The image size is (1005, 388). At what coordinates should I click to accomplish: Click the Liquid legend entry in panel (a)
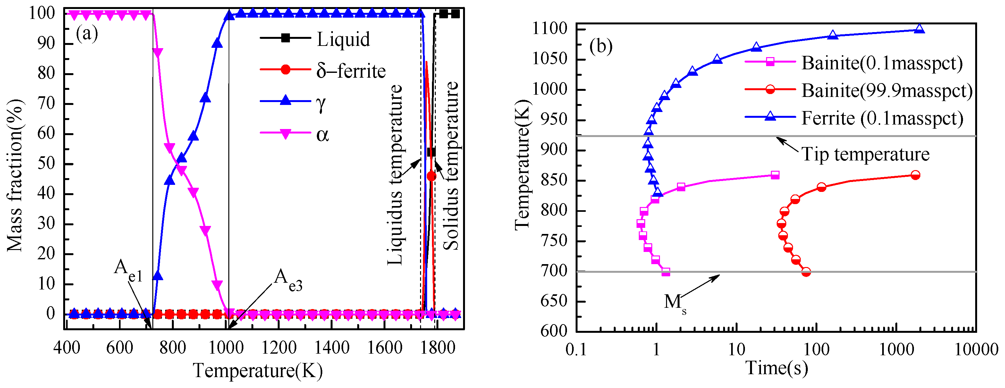click(342, 39)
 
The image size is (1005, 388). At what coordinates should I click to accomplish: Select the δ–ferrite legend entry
click(350, 71)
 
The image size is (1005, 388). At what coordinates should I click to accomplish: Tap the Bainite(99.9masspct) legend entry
click(887, 91)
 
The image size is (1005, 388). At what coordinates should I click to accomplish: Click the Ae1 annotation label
click(128, 271)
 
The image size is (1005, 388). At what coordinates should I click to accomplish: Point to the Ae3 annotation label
click(288, 280)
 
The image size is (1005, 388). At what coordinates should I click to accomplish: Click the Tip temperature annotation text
click(865, 154)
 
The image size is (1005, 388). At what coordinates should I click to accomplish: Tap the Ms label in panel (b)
click(675, 303)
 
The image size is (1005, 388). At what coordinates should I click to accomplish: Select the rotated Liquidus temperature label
click(395, 175)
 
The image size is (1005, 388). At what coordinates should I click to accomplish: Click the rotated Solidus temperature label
click(451, 166)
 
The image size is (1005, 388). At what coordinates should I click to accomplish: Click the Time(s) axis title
click(776, 368)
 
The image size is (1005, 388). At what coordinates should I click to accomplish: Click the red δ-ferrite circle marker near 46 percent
click(431, 177)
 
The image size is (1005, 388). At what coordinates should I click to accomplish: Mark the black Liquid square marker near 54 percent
click(431, 152)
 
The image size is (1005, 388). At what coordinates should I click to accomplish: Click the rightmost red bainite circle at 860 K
click(915, 175)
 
